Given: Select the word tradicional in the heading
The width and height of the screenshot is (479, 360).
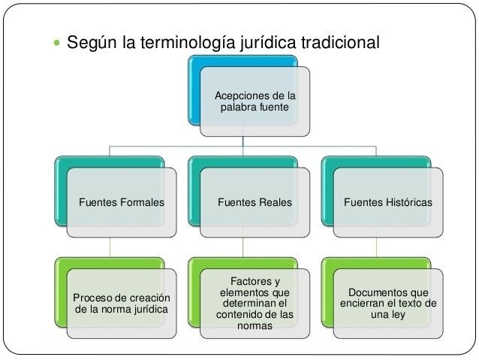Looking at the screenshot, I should (x=342, y=42).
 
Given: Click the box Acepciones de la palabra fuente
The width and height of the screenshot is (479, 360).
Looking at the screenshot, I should (x=255, y=102).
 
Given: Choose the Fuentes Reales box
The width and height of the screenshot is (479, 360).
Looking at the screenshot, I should (x=255, y=202).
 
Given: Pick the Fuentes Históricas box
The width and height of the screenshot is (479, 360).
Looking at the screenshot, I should (x=387, y=202).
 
